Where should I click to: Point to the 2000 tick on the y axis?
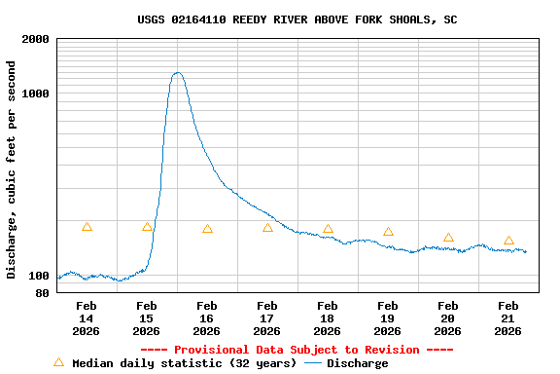click(36, 39)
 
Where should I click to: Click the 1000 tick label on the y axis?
click(36, 93)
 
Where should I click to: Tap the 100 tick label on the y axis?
click(40, 278)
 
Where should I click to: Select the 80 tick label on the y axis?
click(43, 292)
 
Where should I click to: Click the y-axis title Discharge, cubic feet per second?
click(12, 169)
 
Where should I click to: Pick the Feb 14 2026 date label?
click(87, 318)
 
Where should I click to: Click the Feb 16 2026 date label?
click(207, 318)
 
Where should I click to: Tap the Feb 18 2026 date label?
click(328, 318)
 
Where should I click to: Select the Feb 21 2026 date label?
click(508, 318)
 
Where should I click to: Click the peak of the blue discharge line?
click(177, 73)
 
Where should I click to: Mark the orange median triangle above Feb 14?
click(87, 227)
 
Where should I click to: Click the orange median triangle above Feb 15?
click(147, 227)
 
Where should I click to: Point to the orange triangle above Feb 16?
click(207, 229)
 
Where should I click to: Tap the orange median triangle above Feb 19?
click(388, 232)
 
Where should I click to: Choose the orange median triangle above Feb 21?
click(508, 241)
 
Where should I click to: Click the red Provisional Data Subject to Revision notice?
click(297, 350)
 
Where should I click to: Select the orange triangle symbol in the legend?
click(58, 362)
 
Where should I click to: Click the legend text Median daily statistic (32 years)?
click(185, 363)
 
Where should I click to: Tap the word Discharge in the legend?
click(357, 363)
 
